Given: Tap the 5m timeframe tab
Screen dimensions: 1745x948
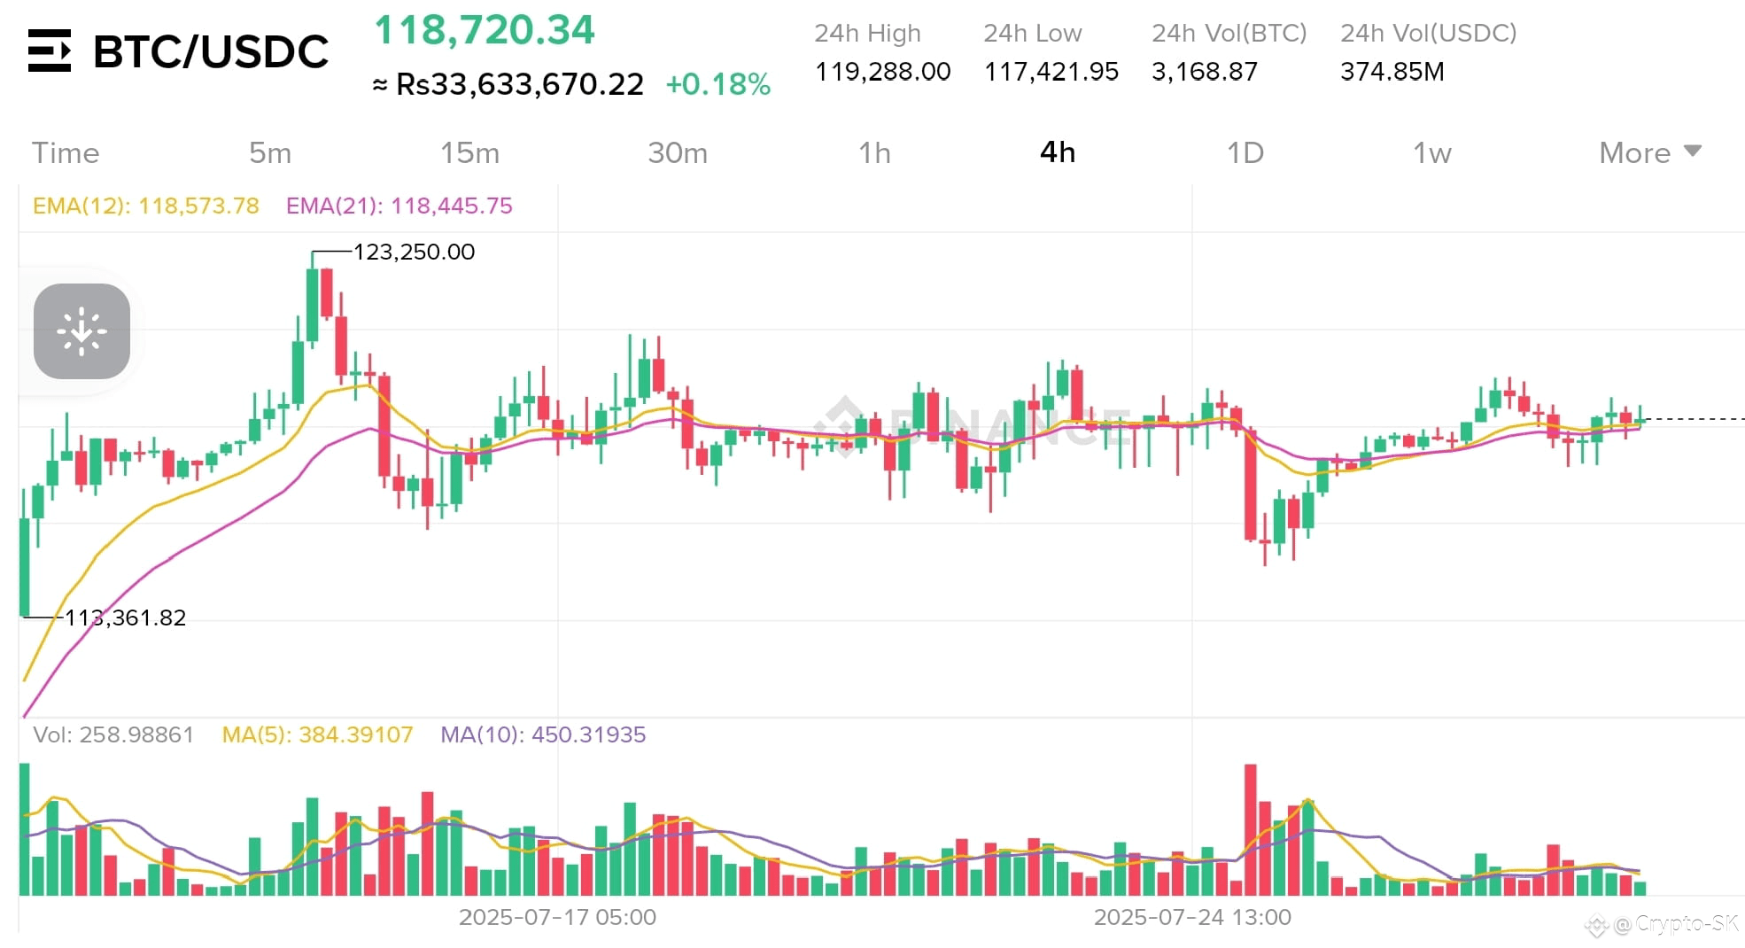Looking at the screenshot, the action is (270, 153).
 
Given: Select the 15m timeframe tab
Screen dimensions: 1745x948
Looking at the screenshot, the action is (470, 153).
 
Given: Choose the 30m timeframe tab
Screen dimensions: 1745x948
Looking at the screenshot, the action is (678, 153).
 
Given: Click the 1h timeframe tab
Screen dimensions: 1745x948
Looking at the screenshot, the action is (874, 153).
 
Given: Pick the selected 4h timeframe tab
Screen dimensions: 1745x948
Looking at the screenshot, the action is (1058, 152).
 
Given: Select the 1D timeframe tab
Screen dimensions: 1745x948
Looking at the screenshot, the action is (1245, 153).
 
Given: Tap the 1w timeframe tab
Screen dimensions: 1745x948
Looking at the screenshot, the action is (1432, 153).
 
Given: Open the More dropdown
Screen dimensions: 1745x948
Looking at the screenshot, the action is (1650, 153).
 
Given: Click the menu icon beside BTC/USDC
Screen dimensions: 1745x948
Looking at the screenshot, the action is (50, 51).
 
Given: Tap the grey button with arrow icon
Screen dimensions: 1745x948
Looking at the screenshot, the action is (81, 331).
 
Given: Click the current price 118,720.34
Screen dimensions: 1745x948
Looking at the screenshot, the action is (485, 30).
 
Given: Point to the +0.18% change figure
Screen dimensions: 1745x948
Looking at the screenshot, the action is (718, 84).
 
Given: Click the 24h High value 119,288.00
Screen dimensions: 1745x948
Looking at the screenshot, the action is (883, 72).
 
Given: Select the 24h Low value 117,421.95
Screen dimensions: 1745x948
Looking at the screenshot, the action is (1051, 72).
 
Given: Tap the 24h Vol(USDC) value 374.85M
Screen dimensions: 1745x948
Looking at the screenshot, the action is (1392, 72).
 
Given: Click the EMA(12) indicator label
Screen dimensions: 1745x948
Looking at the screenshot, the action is (146, 206).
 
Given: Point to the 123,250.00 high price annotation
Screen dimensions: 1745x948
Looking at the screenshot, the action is (414, 253).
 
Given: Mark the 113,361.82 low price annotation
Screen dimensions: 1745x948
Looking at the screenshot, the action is (125, 618).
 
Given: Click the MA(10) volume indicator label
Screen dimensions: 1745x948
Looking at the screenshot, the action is (543, 734).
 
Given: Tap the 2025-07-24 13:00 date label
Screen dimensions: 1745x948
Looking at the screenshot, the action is (1192, 917).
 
